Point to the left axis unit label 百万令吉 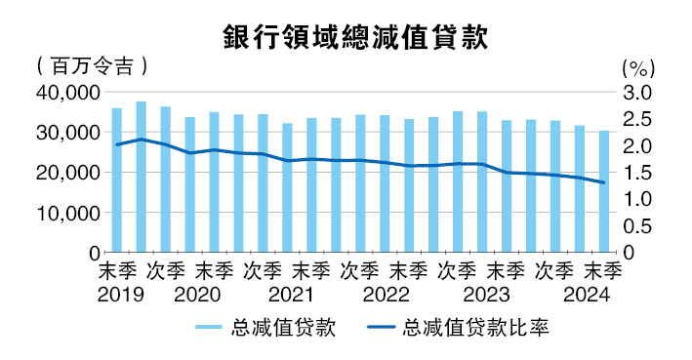[x=91, y=67]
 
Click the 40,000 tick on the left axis [x=67, y=93]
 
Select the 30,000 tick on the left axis [x=67, y=133]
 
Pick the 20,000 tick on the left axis [x=67, y=173]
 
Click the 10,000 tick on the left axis [x=67, y=213]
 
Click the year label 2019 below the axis [x=117, y=293]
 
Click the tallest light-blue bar [x=142, y=177]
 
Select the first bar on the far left [x=117, y=180]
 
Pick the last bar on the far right [x=604, y=191]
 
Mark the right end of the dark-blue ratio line [x=604, y=182]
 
